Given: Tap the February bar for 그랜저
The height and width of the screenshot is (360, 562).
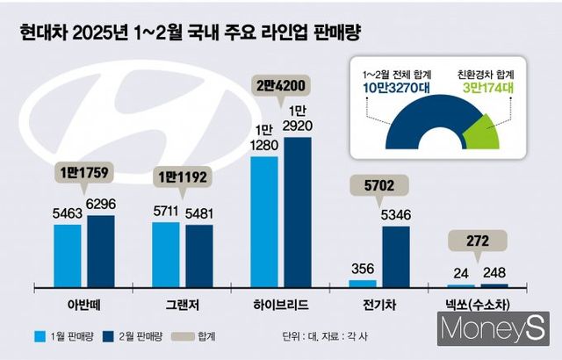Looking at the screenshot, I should tap(198, 256).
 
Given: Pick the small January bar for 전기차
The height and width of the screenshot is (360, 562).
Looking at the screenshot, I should tap(362, 284).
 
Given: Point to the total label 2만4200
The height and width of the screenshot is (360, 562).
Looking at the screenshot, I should tap(280, 86).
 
